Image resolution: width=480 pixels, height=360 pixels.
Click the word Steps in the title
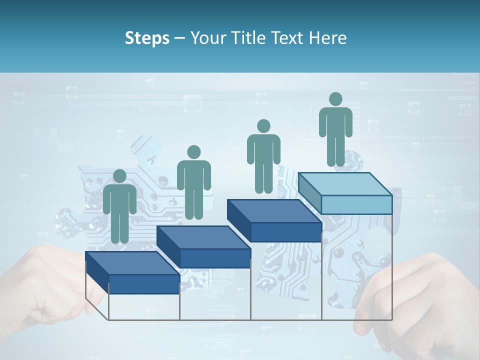147,38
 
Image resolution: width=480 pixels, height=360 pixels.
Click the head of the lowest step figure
119,176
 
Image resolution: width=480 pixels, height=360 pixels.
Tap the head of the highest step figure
335,99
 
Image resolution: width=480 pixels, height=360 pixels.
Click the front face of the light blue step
356,204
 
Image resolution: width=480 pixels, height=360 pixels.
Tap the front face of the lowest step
144,284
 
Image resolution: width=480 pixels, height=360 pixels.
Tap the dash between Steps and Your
180,39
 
